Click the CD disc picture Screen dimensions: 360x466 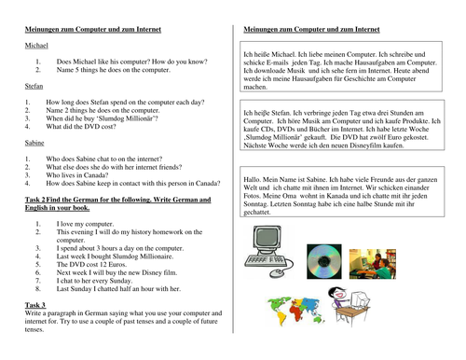coord(324,263)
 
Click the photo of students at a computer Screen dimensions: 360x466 coord(373,264)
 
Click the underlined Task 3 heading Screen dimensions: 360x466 coord(35,305)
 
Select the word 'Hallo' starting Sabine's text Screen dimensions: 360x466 coord(254,178)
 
